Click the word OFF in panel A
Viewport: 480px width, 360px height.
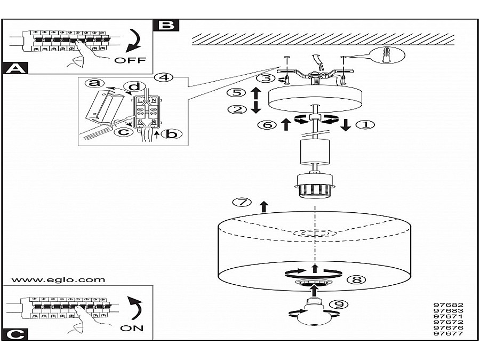130,60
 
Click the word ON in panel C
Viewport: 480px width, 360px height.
132,328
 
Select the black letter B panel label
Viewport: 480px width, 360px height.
166,25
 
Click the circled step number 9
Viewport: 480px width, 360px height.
337,305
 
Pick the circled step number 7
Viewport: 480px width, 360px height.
242,203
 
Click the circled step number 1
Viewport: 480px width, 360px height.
366,125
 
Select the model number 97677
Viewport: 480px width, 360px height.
448,334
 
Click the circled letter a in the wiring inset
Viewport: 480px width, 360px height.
94,83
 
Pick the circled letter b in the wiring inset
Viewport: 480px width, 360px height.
171,134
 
